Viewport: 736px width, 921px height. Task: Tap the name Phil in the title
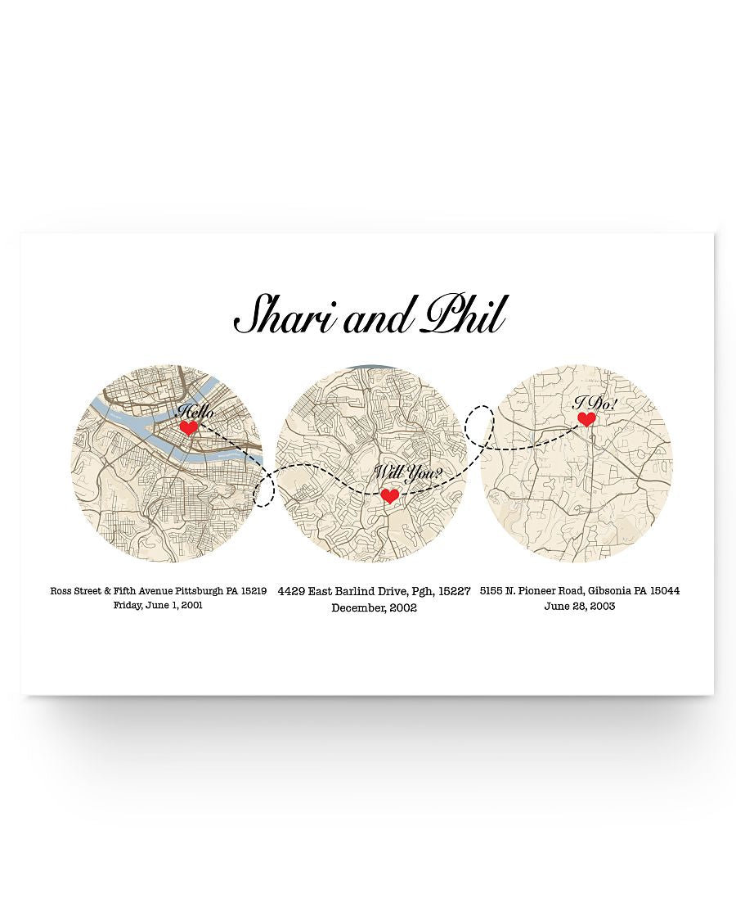[462, 315]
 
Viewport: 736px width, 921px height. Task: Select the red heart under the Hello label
[189, 427]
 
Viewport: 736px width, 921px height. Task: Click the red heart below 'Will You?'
[390, 495]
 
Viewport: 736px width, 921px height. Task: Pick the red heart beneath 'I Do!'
[586, 419]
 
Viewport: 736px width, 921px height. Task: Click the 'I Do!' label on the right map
[595, 402]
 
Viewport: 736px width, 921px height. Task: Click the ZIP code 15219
[252, 590]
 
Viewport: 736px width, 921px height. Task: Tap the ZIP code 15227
[455, 590]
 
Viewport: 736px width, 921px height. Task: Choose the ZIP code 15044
[662, 590]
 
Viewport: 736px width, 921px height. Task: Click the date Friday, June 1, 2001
[159, 605]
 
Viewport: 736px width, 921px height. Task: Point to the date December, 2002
[374, 607]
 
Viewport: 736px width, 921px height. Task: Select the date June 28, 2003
[580, 607]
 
